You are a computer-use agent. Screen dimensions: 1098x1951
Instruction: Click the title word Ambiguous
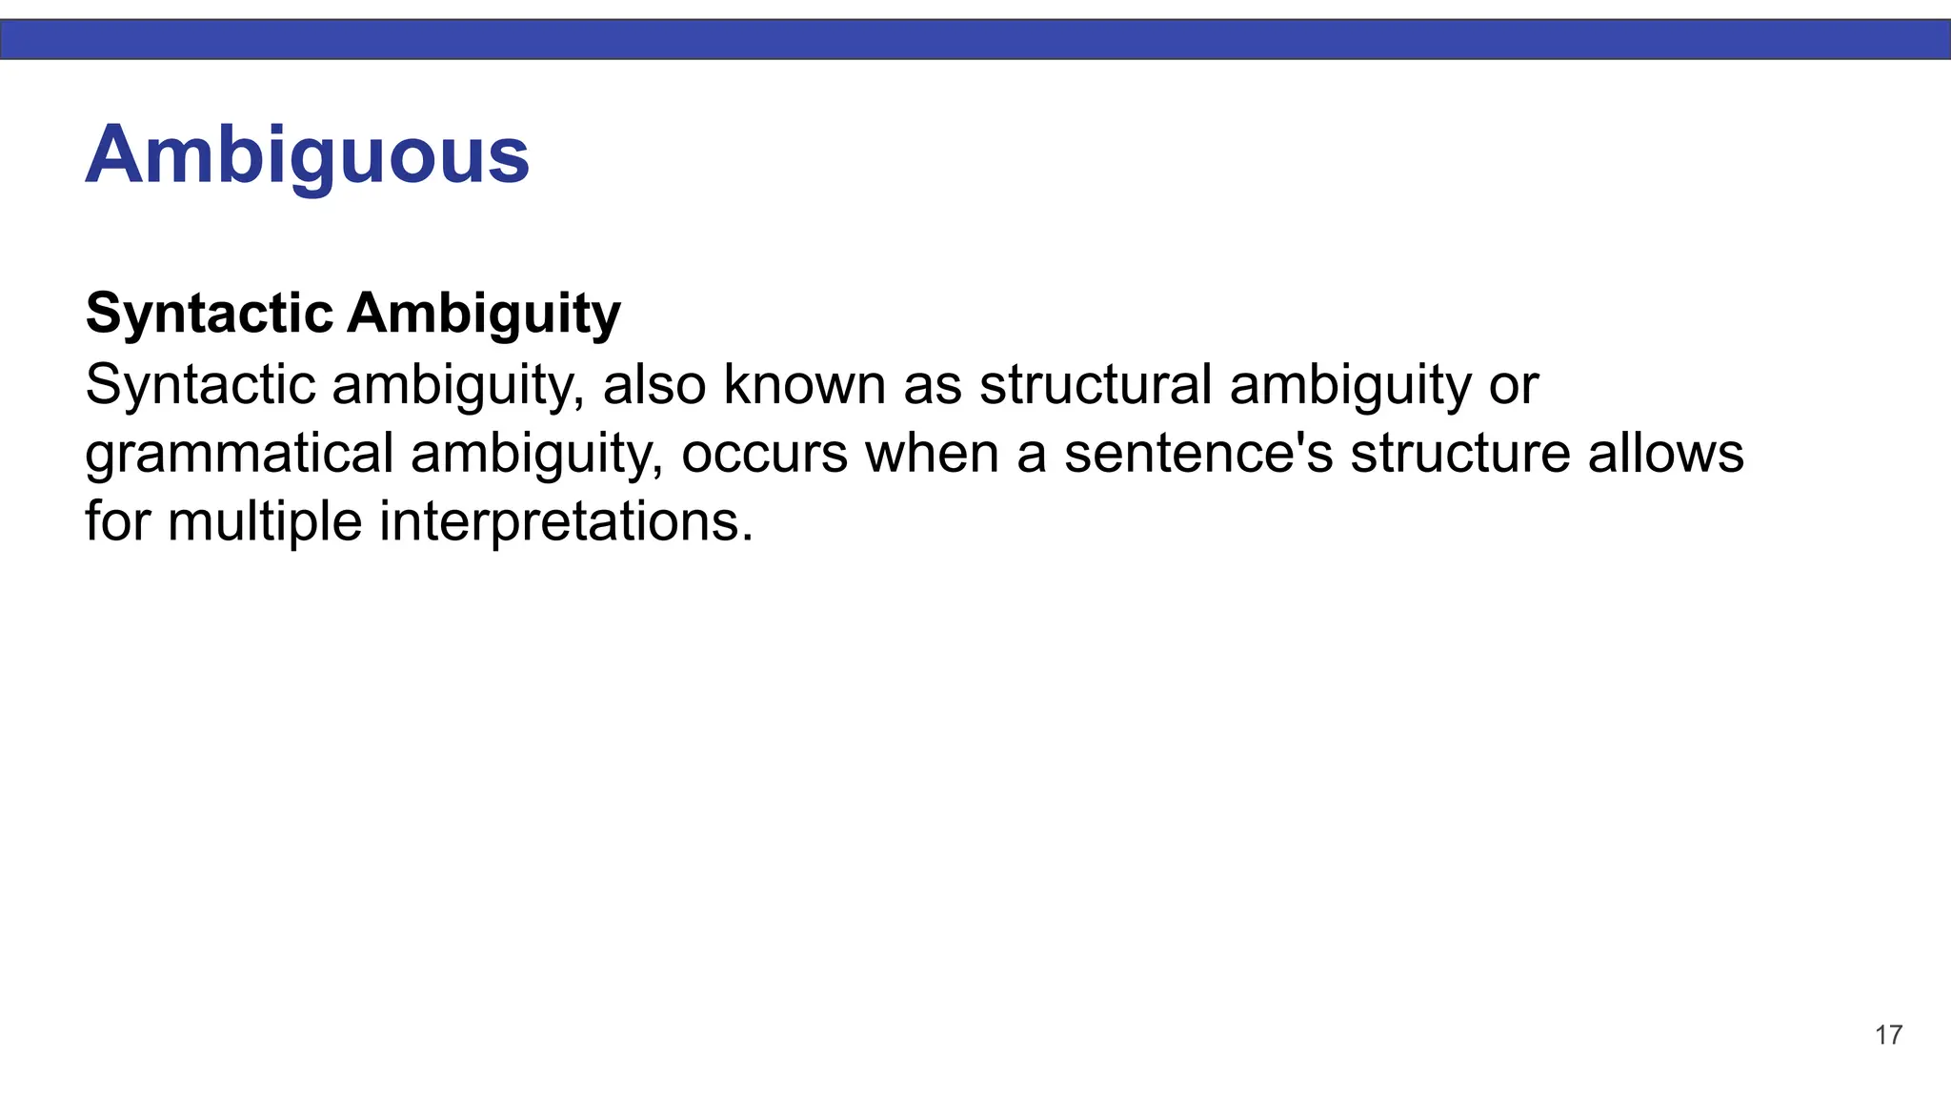(307, 155)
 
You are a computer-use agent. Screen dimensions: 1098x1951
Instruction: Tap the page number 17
(1888, 1035)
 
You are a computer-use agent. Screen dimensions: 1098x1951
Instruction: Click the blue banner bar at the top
(975, 40)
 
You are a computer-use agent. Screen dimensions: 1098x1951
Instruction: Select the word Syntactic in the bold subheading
(210, 314)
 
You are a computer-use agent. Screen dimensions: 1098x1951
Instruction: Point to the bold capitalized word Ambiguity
(484, 314)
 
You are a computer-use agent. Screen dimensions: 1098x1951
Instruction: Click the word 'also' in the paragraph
(654, 385)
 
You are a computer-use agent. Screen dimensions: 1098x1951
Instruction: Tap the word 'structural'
(1096, 385)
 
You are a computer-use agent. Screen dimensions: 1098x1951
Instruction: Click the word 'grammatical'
(239, 454)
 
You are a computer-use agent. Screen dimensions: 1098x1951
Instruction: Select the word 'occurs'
(764, 454)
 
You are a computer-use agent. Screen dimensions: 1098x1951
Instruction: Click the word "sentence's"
(1198, 454)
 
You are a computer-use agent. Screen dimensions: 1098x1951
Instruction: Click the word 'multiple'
(265, 522)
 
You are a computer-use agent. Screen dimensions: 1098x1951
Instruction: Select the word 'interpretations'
(566, 522)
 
